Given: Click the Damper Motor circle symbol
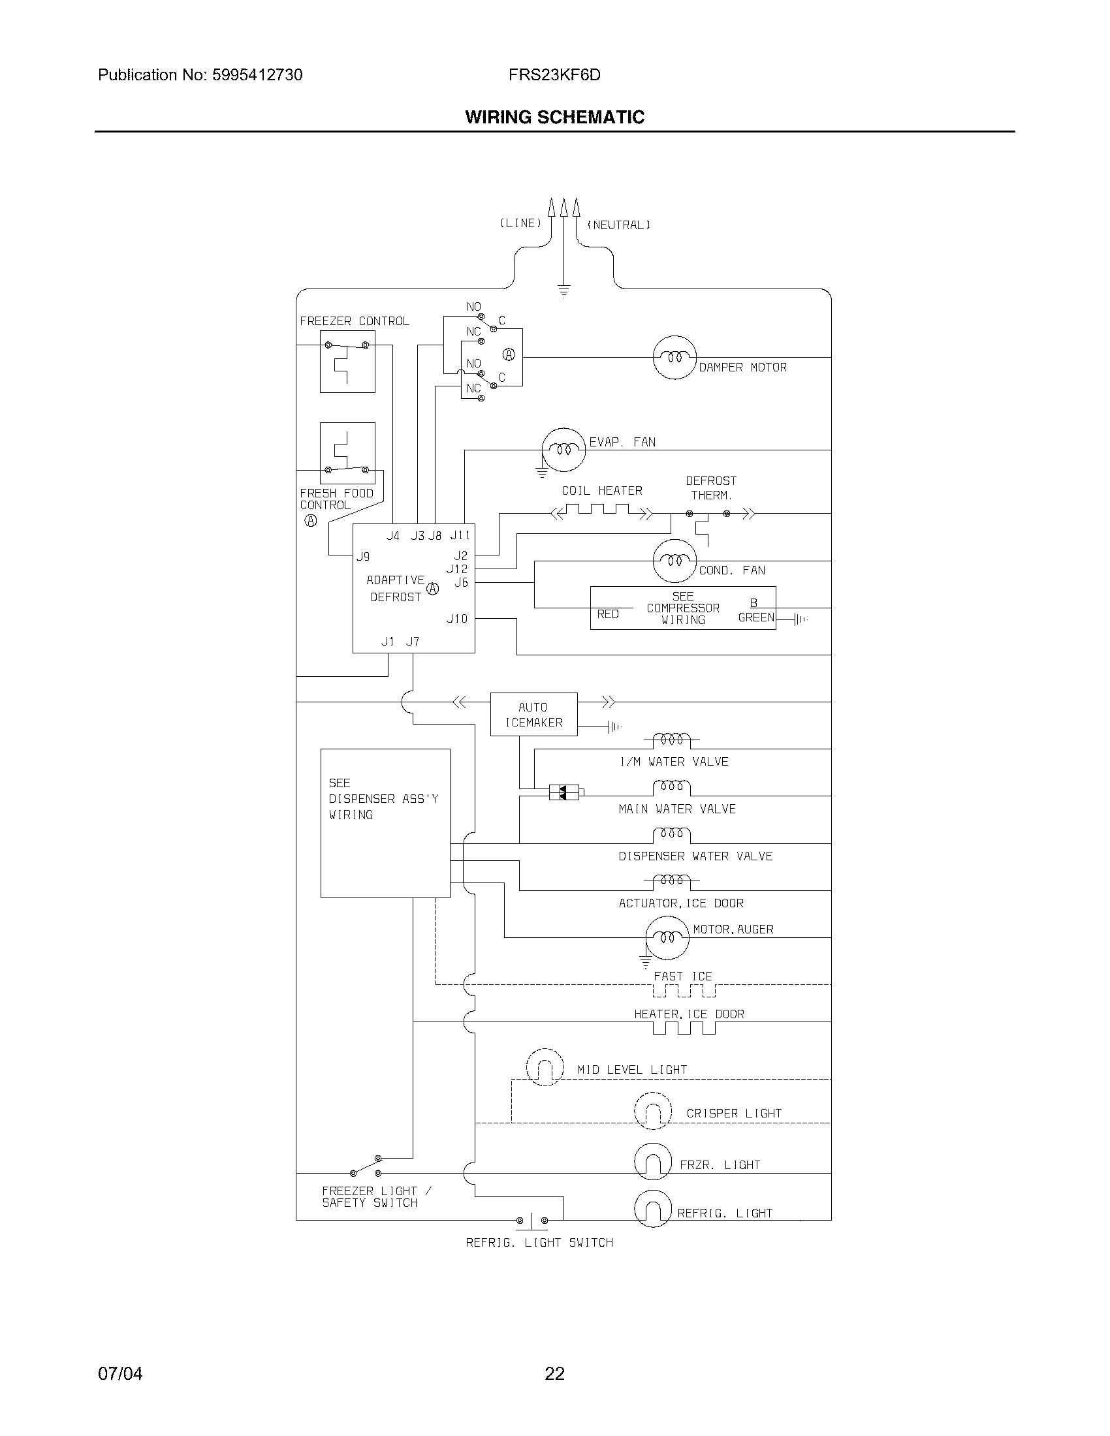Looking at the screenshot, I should [674, 358].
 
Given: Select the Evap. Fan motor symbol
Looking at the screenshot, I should [563, 450].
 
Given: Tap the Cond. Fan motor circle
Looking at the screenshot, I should [674, 561].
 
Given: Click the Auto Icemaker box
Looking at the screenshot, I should [533, 714].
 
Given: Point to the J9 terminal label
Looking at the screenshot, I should [363, 556].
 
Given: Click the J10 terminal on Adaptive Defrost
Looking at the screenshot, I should [457, 618].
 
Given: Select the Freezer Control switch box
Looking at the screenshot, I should [347, 362].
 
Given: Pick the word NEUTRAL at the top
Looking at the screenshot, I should [618, 225].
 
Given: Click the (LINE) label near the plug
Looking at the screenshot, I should [520, 223].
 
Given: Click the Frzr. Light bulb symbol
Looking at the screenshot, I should [652, 1161].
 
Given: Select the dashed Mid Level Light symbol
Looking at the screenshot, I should [545, 1067].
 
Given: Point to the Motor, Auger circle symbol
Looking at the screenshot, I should [667, 937].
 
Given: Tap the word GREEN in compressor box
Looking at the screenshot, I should [756, 617].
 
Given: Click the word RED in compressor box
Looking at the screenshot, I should [608, 614].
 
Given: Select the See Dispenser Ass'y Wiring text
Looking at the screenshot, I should [383, 799].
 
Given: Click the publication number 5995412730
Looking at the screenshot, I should [257, 75].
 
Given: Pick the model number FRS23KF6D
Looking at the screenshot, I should [554, 75].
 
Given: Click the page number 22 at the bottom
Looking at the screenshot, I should [554, 1373].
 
